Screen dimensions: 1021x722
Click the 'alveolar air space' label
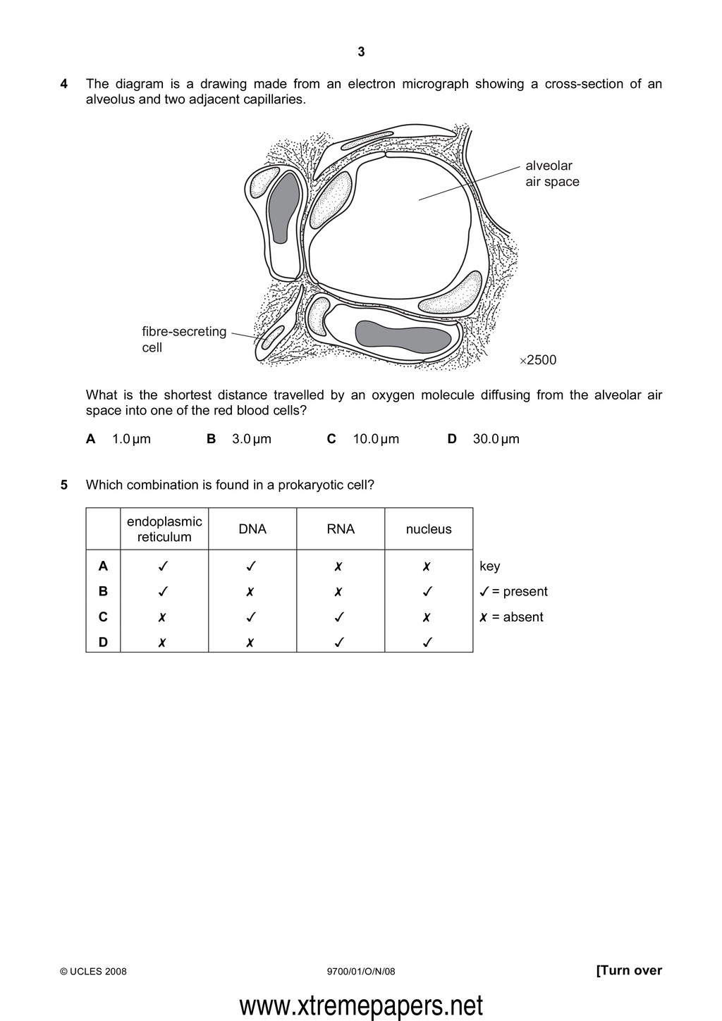coord(552,173)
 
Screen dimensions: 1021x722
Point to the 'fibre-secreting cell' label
coord(184,339)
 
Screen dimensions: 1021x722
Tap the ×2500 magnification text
coord(538,360)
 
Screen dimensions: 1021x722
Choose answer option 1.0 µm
coord(131,439)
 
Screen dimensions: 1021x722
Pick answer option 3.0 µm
coord(252,439)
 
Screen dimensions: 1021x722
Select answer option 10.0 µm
coord(376,439)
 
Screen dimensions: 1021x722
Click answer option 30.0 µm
coord(496,439)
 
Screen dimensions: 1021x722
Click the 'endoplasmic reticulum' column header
coord(164,529)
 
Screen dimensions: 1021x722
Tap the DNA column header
coord(252,529)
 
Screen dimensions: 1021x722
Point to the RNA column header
coord(341,529)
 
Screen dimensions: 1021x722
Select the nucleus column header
coord(429,529)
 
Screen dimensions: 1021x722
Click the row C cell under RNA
coord(340,617)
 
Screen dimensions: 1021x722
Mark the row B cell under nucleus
coord(427,592)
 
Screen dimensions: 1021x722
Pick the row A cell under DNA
coord(252,566)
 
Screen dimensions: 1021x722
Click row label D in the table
coord(103,643)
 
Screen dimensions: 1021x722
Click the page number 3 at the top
coord(361,51)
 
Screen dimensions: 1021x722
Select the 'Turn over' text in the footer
coord(629,970)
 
